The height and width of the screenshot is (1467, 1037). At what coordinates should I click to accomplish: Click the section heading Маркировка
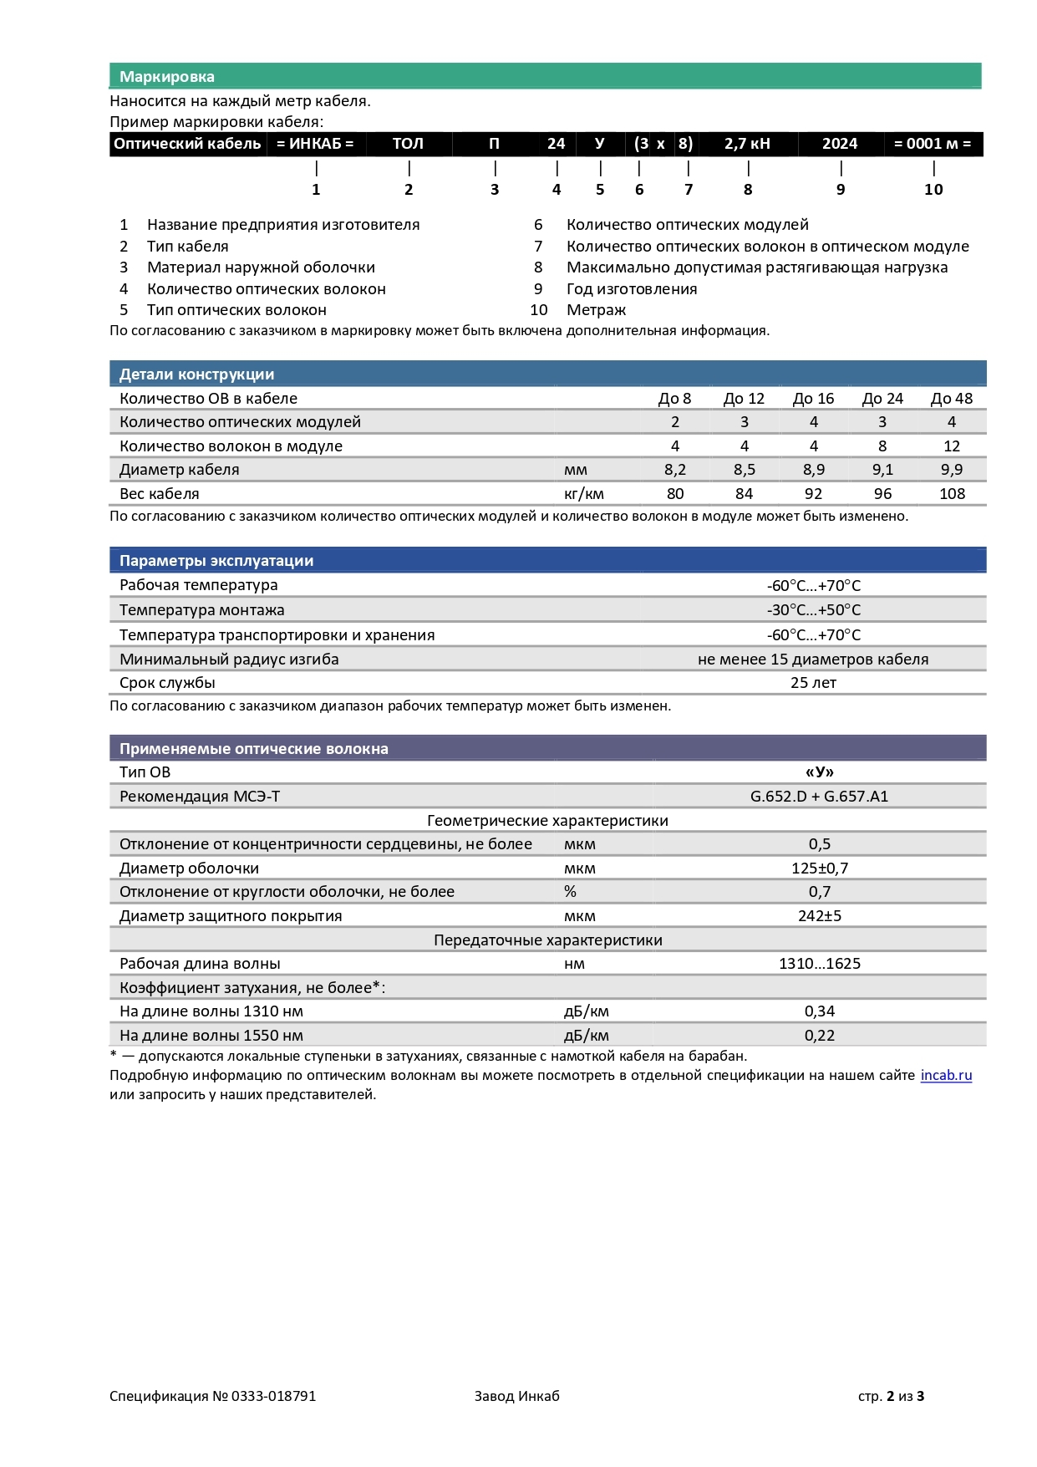tap(166, 77)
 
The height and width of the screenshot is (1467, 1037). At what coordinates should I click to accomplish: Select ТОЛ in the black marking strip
tap(408, 144)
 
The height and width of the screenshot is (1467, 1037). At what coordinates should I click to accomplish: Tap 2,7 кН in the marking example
tap(747, 144)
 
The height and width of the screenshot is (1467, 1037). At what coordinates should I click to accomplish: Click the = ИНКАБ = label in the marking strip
tap(315, 144)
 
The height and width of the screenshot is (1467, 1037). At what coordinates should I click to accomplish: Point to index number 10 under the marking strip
tap(933, 190)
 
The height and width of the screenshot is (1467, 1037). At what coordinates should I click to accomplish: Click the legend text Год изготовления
tap(631, 289)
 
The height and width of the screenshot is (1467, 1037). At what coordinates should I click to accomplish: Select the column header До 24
tap(882, 399)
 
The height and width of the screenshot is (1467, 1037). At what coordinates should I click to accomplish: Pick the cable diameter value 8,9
tap(813, 470)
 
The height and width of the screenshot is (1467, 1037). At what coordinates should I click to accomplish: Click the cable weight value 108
tap(952, 494)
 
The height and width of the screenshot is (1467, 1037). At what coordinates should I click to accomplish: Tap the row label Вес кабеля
tap(160, 494)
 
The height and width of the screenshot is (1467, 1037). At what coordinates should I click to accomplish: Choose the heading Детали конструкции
tap(196, 374)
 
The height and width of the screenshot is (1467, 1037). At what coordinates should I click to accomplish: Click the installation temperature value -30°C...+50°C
tap(813, 610)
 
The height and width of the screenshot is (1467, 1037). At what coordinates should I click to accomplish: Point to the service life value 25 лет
tap(813, 683)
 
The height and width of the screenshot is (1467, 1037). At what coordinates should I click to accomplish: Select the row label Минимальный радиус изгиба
tap(229, 660)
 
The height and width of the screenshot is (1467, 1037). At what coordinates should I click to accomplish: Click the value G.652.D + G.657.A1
tap(819, 797)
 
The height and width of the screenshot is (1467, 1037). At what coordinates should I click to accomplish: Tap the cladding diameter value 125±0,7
tap(819, 868)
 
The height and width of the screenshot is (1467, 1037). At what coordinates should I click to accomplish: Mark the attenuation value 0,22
tap(819, 1036)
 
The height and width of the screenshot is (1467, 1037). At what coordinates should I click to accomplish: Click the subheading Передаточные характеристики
tap(547, 940)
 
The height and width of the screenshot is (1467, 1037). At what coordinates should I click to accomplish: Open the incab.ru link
tap(946, 1076)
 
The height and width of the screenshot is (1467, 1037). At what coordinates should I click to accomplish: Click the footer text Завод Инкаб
tap(516, 1396)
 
